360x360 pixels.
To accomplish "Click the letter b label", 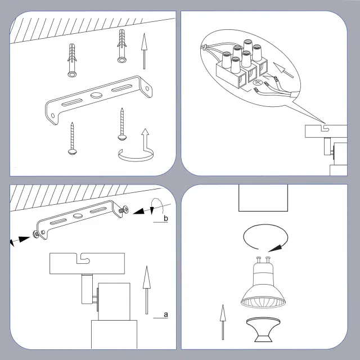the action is (x=166, y=218).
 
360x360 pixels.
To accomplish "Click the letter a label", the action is (x=166, y=314).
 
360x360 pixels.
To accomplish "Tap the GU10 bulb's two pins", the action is (x=263, y=260).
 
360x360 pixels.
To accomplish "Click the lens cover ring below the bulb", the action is (x=263, y=330).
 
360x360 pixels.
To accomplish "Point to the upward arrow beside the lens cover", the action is (x=222, y=322).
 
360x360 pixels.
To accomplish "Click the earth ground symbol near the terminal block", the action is (x=258, y=82).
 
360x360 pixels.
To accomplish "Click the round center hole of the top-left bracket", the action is (x=96, y=95).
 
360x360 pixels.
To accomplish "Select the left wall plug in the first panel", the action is (x=72, y=60).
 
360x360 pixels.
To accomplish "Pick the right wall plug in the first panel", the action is (x=121, y=46).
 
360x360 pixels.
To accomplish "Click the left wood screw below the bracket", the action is (x=73, y=138).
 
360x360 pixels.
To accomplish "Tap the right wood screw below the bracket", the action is (x=123, y=124).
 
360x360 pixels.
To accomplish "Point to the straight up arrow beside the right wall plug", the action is (x=144, y=51).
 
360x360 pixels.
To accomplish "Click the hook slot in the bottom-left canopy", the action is (x=83, y=259).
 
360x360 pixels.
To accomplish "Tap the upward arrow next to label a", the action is (x=146, y=290).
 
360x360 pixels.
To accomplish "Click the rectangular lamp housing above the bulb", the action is (x=263, y=198).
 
